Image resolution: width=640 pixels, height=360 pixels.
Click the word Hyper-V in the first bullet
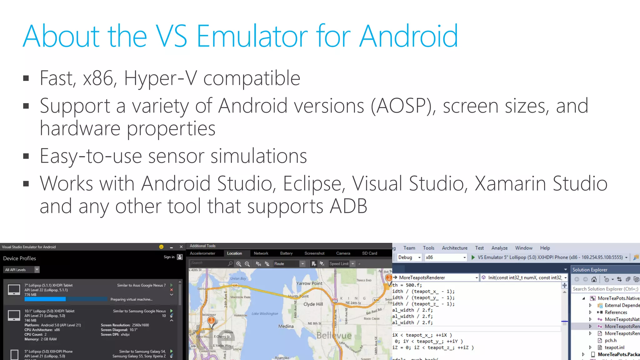pyautogui.click(x=161, y=78)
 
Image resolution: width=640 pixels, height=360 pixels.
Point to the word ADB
pyautogui.click(x=348, y=206)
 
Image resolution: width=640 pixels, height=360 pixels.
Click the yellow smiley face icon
pyautogui.click(x=161, y=247)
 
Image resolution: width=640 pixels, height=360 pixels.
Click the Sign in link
pyautogui.click(x=169, y=257)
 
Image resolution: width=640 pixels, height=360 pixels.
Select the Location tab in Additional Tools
pyautogui.click(x=234, y=253)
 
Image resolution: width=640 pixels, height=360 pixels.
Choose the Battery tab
pyautogui.click(x=286, y=253)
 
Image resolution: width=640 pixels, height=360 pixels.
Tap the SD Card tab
pyautogui.click(x=369, y=253)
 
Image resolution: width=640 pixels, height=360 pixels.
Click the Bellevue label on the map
pyautogui.click(x=334, y=336)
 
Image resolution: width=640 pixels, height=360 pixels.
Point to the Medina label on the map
pyautogui.click(x=286, y=326)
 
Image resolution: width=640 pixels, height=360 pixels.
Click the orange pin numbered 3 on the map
pyautogui.click(x=212, y=321)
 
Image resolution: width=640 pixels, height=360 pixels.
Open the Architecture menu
pyautogui.click(x=454, y=248)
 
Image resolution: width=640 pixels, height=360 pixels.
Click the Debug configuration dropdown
pyautogui.click(x=409, y=257)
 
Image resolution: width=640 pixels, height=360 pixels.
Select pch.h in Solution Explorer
pyautogui.click(x=610, y=341)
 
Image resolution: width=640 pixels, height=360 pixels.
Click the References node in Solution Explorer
pyautogui.click(x=616, y=312)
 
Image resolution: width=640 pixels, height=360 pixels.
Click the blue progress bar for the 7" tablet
pyautogui.click(x=45, y=299)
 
